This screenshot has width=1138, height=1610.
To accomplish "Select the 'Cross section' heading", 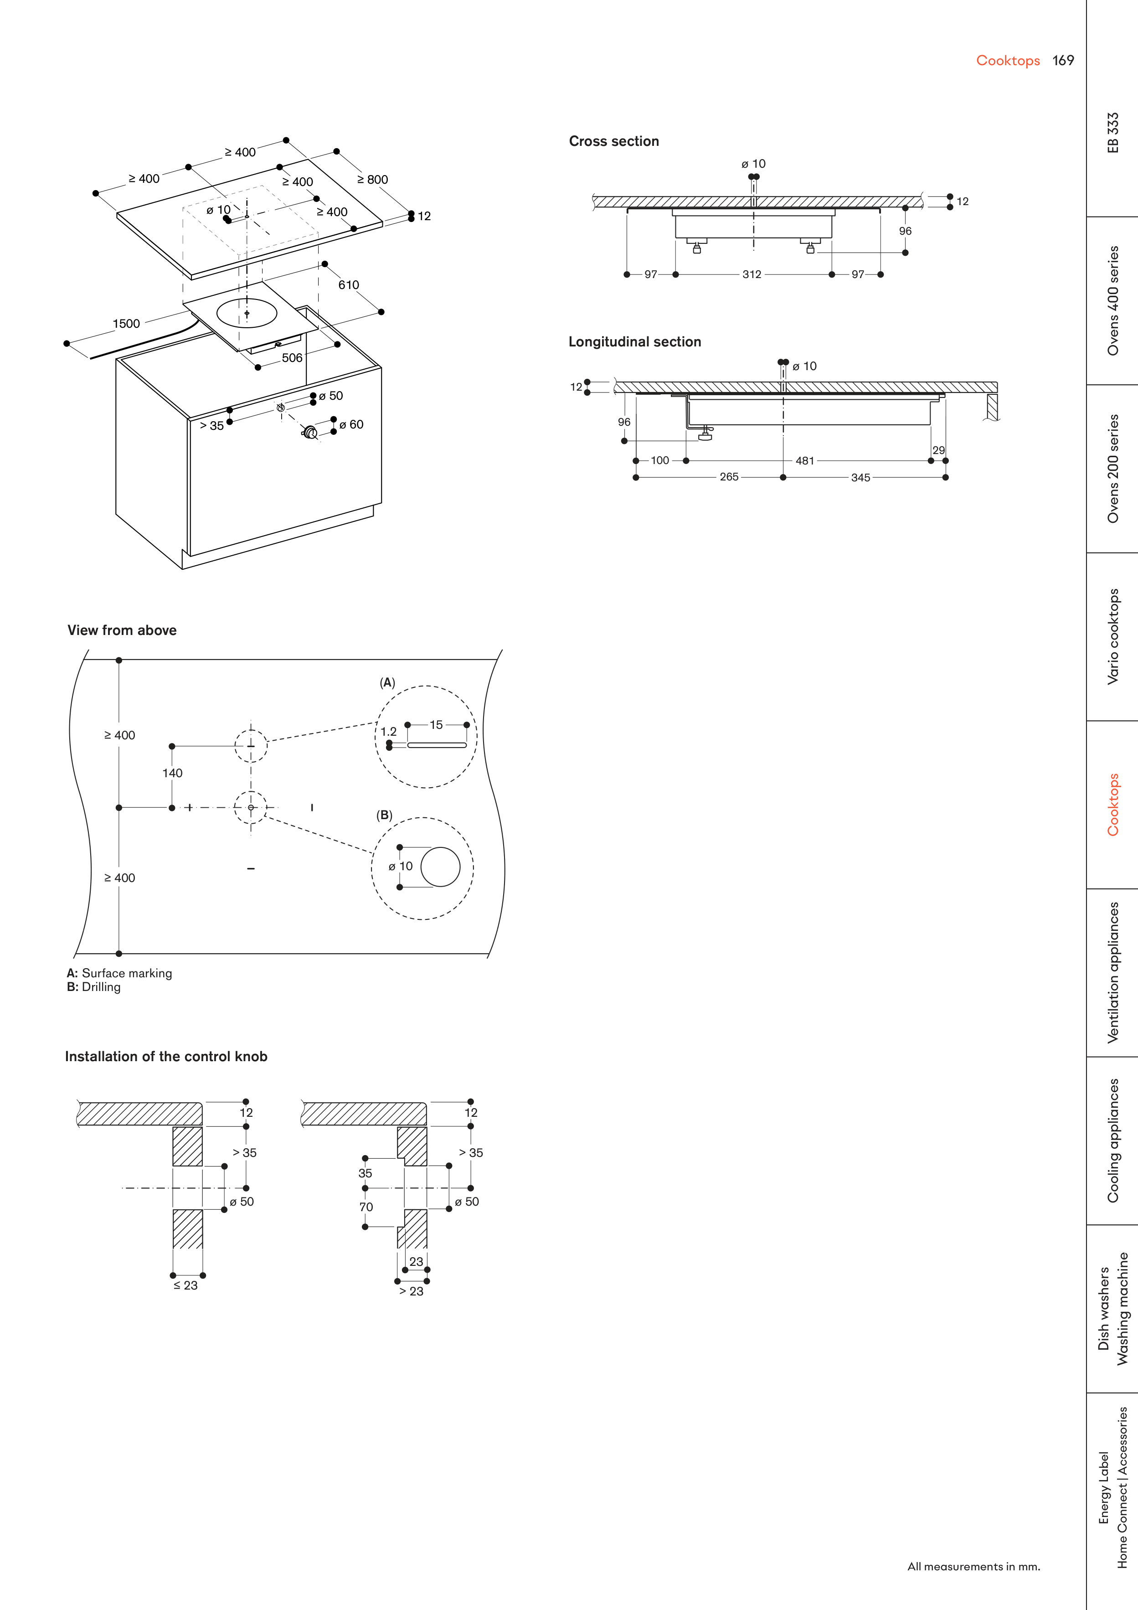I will click(x=613, y=142).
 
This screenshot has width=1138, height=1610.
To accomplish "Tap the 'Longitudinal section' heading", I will click(x=634, y=342).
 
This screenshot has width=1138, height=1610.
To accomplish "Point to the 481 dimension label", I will click(x=805, y=461).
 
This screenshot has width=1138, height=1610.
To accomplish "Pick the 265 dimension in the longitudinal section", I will click(x=729, y=478).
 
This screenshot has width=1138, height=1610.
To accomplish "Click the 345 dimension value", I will click(x=860, y=478).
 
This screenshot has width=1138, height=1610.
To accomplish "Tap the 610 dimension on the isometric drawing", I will click(x=349, y=285).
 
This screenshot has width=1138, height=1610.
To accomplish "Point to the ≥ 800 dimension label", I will click(x=372, y=180).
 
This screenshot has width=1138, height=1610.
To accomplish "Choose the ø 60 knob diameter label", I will click(x=351, y=425).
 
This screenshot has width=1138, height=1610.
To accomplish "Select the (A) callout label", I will click(x=387, y=683).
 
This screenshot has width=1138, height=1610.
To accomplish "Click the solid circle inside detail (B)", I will click(x=440, y=867).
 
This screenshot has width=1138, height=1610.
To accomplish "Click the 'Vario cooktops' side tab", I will click(x=1113, y=637).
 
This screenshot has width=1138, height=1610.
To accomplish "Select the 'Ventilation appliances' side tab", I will click(x=1113, y=973).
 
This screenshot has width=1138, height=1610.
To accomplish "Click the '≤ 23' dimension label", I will click(x=186, y=1286).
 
